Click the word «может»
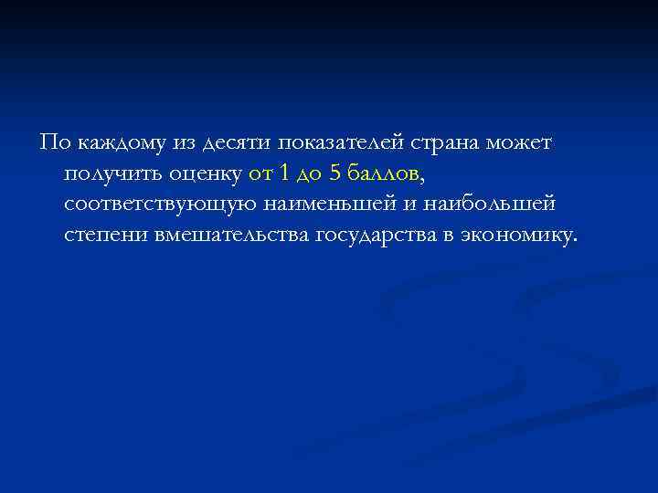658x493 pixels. coord(525,143)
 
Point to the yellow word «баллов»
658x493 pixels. coord(383,173)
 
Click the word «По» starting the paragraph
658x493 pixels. coord(51,142)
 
